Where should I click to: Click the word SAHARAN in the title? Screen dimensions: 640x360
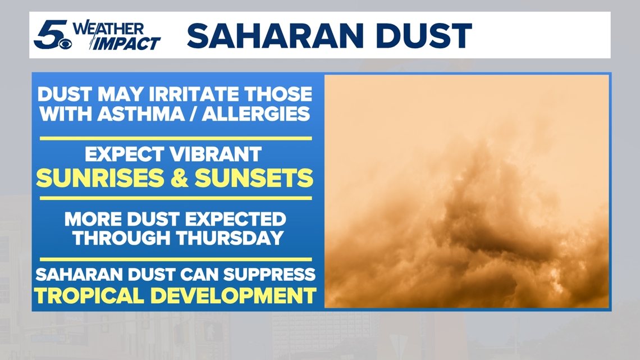[x=275, y=36]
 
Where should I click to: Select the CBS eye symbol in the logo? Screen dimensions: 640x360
[x=66, y=44]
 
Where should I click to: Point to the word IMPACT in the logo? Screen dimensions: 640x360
[x=127, y=43]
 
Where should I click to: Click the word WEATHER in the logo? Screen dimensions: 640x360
[x=108, y=29]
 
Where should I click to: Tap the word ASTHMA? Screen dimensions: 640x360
[x=141, y=114]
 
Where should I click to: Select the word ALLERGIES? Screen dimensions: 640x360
[x=256, y=114]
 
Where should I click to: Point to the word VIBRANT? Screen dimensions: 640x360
[x=216, y=154]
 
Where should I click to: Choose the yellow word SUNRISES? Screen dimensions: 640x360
[x=100, y=178]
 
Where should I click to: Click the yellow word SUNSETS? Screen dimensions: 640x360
[x=254, y=178]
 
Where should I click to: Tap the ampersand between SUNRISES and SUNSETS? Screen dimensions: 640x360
[x=180, y=178]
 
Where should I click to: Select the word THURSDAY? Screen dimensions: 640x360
[x=230, y=238]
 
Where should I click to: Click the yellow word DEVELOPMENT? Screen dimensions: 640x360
[x=234, y=295]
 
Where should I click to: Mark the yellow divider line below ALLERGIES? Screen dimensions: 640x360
[x=176, y=138]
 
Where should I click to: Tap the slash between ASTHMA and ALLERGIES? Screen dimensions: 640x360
[x=194, y=114]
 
